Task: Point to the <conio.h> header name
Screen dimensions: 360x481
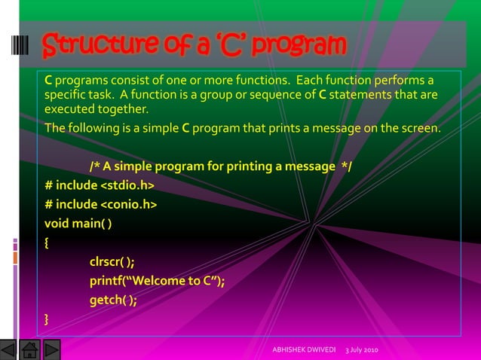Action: (x=128, y=204)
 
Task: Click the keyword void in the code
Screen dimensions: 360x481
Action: (x=57, y=223)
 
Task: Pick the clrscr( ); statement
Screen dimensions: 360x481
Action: (x=112, y=262)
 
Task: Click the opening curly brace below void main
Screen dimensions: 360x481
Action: (x=47, y=243)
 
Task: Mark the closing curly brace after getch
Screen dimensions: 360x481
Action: (x=47, y=320)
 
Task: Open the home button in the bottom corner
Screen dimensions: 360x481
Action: (x=30, y=350)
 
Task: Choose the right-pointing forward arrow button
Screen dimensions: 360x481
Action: (x=51, y=350)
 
